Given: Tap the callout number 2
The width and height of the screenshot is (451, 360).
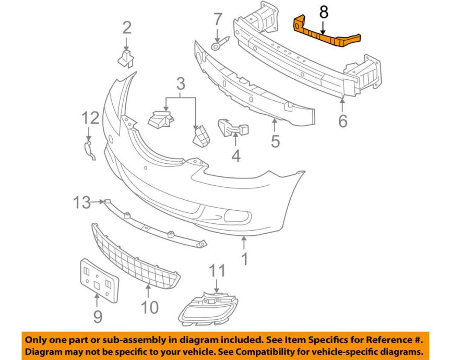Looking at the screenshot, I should tap(127, 27).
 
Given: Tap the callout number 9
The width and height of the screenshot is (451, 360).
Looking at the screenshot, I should tap(98, 316).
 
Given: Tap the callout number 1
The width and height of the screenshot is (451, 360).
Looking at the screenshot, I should tap(244, 258).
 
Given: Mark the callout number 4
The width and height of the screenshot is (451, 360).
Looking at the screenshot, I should tap(236, 155).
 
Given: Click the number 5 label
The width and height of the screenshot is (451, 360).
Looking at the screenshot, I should tap(275, 141).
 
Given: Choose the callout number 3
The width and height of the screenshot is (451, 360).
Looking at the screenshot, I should tap(181, 83).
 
